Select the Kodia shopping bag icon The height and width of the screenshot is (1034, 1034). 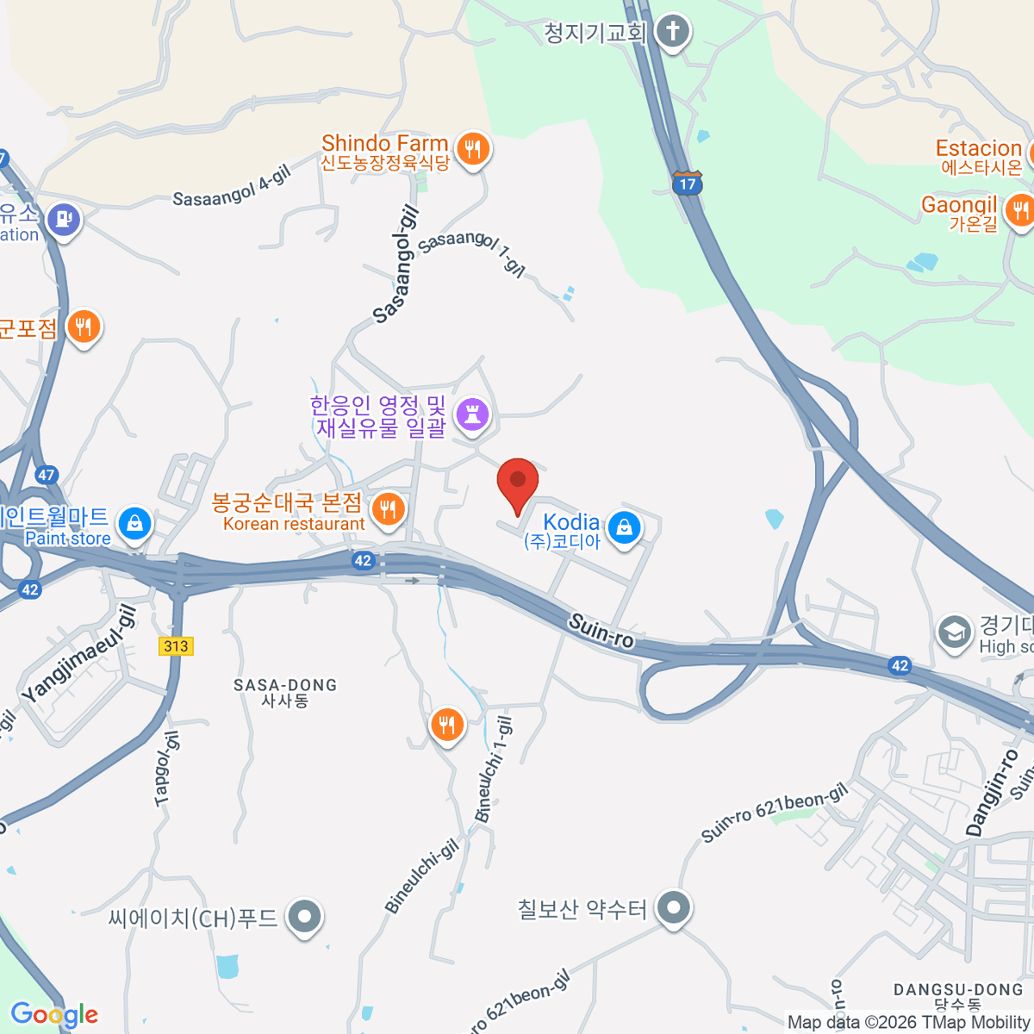[624, 526]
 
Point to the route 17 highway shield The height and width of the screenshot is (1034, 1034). [687, 183]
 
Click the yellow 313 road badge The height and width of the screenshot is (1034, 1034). [176, 646]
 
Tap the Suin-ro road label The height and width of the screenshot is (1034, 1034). [601, 631]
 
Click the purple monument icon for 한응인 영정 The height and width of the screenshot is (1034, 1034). [471, 414]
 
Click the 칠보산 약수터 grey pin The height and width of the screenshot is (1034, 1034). [674, 907]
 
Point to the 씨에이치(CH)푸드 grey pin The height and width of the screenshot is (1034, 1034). [304, 917]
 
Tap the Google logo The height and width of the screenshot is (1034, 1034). [54, 1014]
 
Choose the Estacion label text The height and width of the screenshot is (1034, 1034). [978, 148]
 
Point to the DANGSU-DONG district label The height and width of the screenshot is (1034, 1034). [957, 990]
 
